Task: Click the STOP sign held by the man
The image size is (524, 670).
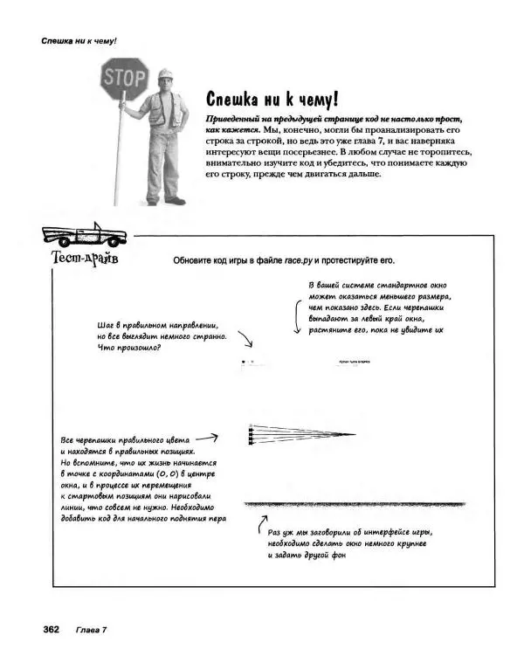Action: [125, 77]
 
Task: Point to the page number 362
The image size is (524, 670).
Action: [45, 630]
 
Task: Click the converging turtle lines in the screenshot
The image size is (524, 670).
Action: [301, 434]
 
